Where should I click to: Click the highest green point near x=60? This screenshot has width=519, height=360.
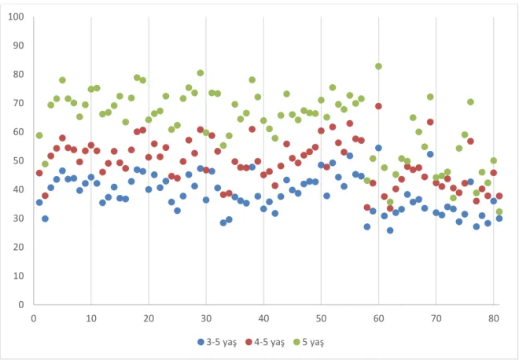coord(378,66)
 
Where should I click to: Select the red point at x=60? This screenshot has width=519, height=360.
coord(378,106)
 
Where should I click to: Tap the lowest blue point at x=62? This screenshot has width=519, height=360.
coord(390,230)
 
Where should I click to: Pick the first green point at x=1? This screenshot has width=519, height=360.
coord(39,135)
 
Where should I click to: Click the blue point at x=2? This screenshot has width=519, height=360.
coord(45,219)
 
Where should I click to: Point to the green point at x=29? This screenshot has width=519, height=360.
coord(201,73)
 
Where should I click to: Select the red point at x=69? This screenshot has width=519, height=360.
coord(430,122)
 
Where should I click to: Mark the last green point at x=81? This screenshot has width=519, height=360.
coord(499,211)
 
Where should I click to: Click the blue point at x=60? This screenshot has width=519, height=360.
coord(378,148)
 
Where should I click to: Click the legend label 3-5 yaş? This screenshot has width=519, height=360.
coord(222,343)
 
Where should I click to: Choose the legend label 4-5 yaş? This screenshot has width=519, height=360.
coord(270,343)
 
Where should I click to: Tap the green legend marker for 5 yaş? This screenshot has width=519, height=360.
coord(296,343)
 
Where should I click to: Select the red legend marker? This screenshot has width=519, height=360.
coord(249,343)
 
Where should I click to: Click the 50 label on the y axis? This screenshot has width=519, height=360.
coord(19,161)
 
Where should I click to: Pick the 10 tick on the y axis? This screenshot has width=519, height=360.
coord(19,276)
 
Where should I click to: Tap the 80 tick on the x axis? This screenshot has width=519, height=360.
coord(494,319)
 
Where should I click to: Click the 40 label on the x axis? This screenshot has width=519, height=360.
coord(263,319)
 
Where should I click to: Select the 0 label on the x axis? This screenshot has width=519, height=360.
coord(34,319)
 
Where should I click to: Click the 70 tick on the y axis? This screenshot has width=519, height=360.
coord(19,103)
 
